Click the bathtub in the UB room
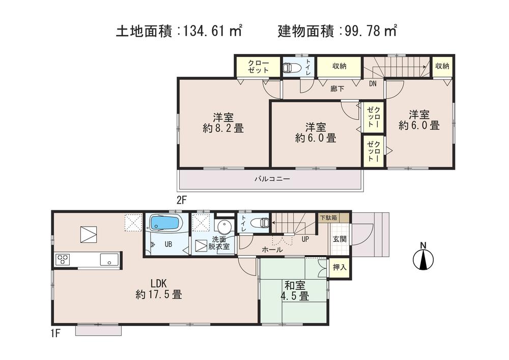coord(164,223)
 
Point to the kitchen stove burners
coord(64,259)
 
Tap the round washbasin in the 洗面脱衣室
coord(223,226)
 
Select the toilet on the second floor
coord(290,67)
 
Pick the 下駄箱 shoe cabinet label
coord(327,217)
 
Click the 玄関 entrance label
coord(340,238)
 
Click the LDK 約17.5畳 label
coord(159,289)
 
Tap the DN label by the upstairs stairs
coord(373,84)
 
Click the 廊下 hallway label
coord(337,89)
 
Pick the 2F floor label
coord(182,200)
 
